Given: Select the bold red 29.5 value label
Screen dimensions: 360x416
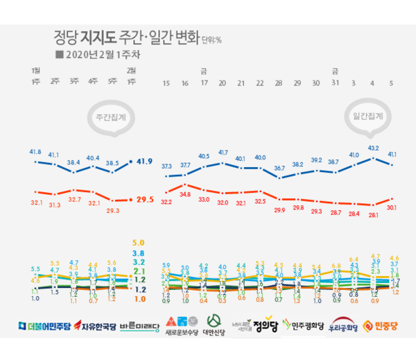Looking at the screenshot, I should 144,199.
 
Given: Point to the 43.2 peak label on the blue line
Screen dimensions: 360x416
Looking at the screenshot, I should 373,148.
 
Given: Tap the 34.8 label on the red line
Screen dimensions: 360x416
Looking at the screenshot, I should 184,195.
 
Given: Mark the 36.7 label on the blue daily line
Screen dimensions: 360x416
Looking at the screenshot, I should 279,169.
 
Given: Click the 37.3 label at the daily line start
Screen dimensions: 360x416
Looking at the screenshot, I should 166,166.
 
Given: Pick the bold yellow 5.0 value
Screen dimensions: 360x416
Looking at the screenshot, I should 138,242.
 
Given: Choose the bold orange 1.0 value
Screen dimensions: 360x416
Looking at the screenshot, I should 139,299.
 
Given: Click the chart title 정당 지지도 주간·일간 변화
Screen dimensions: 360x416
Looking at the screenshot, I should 125,35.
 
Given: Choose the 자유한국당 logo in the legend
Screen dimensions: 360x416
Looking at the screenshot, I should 95,325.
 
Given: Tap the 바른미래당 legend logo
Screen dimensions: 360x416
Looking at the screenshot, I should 141,325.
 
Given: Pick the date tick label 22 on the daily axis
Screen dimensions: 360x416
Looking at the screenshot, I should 260,83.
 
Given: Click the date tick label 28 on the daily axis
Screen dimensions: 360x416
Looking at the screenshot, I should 279,83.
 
